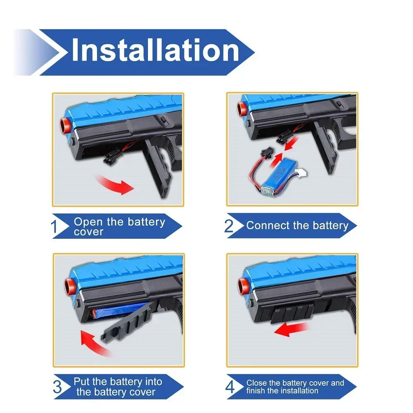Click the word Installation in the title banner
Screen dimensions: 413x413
(x=155, y=51)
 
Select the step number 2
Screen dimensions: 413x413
(x=229, y=226)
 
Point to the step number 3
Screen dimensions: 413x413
(x=58, y=387)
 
